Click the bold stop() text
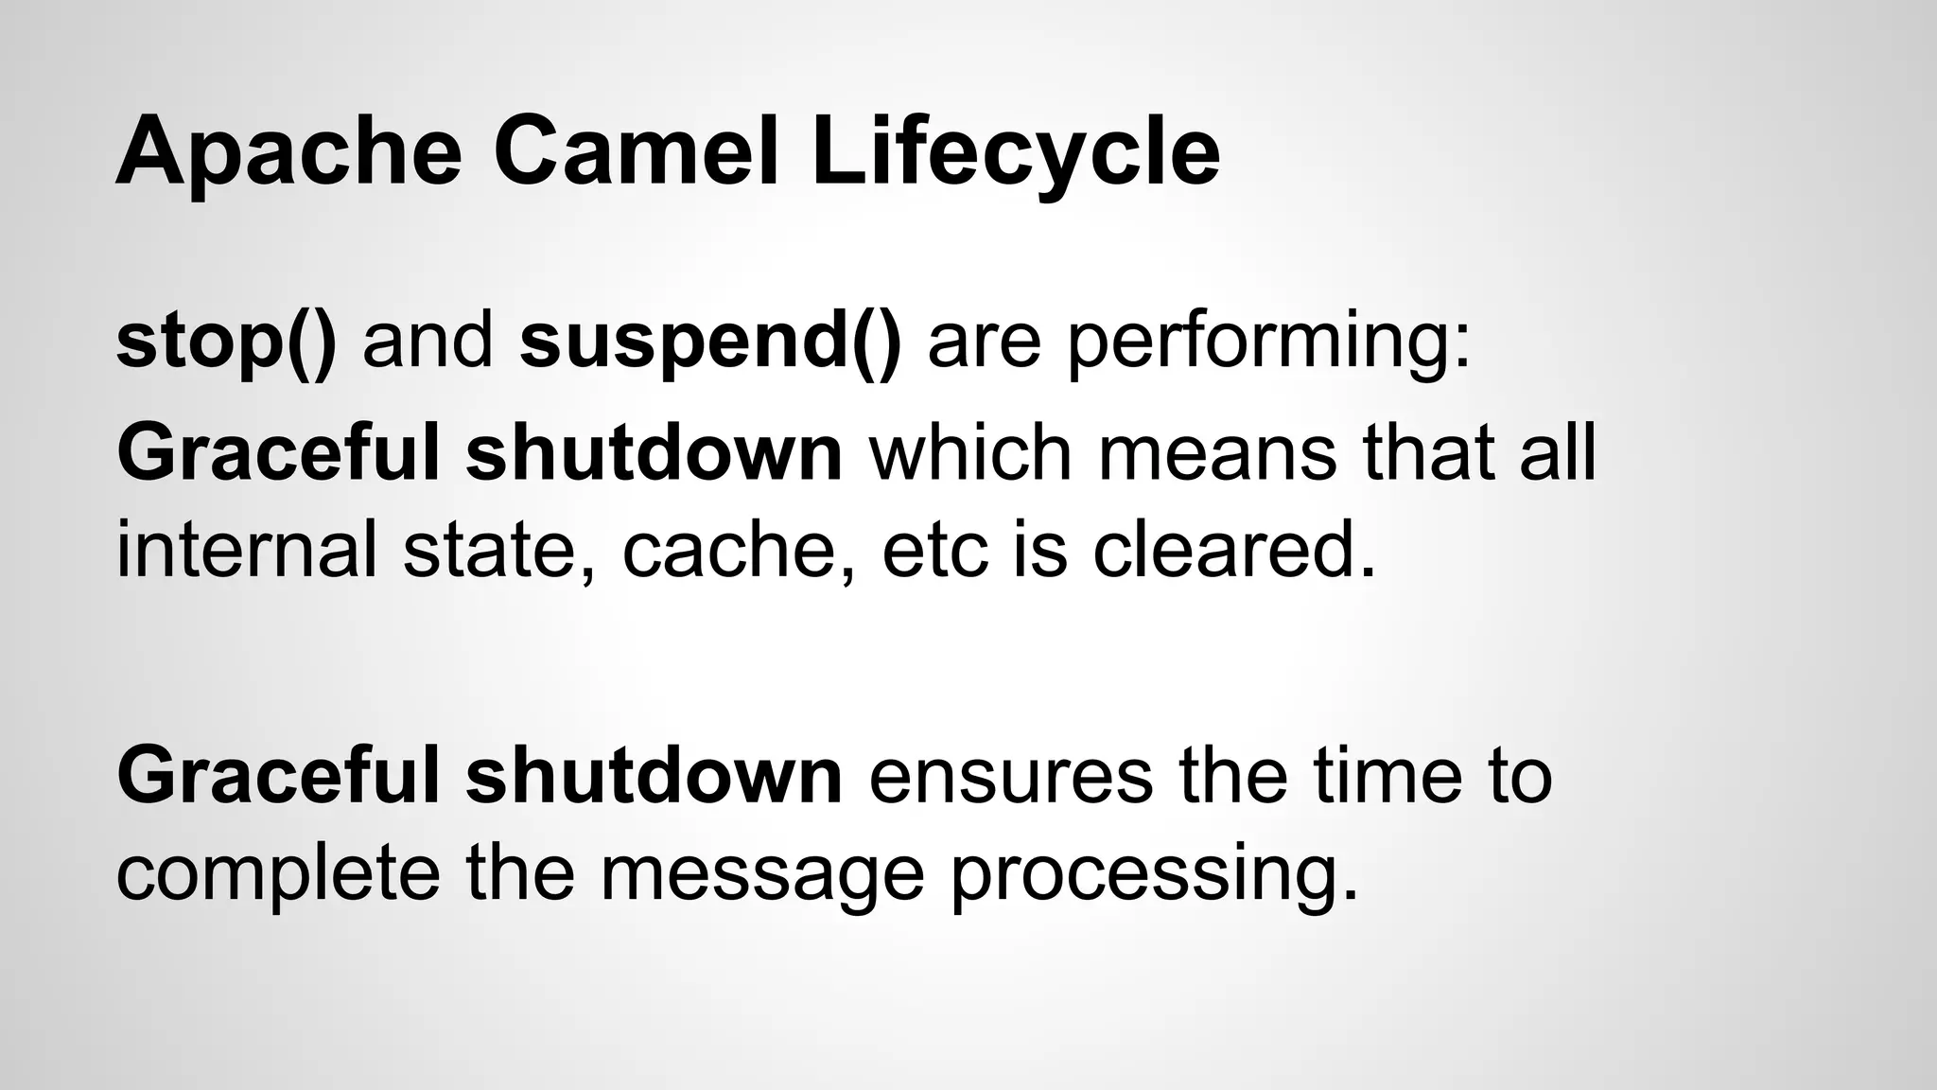pyautogui.click(x=225, y=341)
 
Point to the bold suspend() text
pyautogui.click(x=710, y=341)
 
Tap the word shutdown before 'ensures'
pyautogui.click(x=654, y=776)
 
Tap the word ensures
pyautogui.click(x=1010, y=776)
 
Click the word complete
pyautogui.click(x=278, y=872)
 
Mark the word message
pyautogui.click(x=762, y=872)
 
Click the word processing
pyautogui.click(x=1154, y=872)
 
